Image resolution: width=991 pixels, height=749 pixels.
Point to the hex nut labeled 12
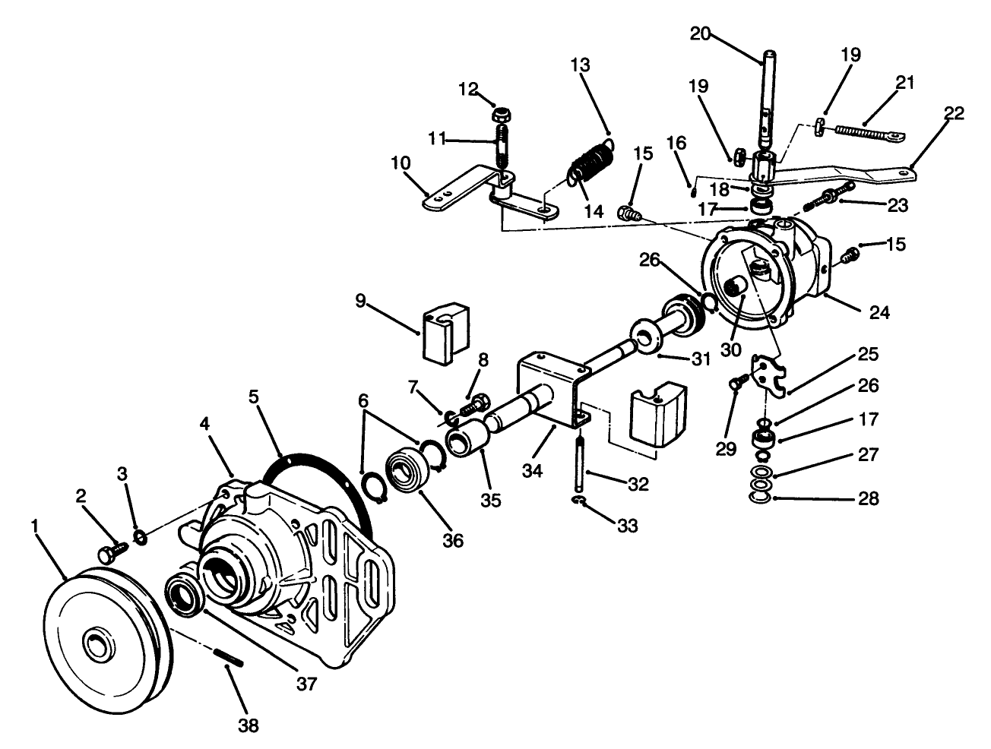tap(500, 115)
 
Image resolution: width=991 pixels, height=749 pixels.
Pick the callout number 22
tap(954, 112)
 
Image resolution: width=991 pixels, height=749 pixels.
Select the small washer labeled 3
tap(141, 537)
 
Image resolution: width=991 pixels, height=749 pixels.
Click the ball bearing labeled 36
tap(405, 470)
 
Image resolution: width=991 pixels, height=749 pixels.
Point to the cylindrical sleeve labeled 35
tap(467, 437)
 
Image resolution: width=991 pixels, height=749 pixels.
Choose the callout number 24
tap(879, 312)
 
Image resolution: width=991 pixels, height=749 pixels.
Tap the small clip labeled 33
tap(579, 500)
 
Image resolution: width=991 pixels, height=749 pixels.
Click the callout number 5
tap(254, 397)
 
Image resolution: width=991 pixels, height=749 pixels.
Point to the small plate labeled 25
tap(768, 375)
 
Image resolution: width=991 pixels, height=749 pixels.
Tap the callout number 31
tap(701, 359)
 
